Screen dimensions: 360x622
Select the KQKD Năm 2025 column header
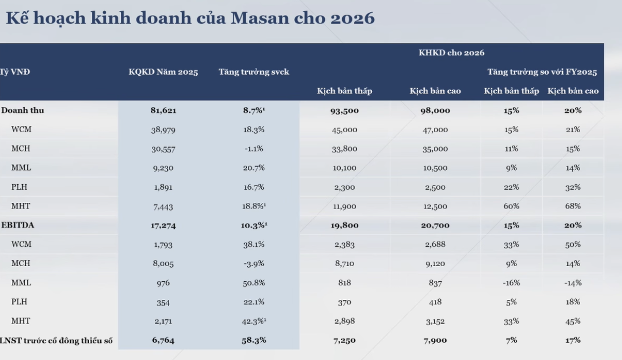tap(163, 72)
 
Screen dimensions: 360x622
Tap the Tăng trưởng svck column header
tap(253, 72)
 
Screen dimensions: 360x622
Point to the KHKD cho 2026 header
tap(451, 53)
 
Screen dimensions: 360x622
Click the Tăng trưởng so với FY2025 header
tap(542, 72)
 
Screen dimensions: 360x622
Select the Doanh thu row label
tap(19, 110)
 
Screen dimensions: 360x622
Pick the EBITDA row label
tap(19, 225)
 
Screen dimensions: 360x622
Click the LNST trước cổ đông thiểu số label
tap(56, 340)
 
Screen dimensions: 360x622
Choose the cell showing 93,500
tap(344, 110)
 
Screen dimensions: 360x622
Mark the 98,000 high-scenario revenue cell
tap(435, 110)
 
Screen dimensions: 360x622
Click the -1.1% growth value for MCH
tap(253, 149)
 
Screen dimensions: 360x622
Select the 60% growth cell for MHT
tap(511, 206)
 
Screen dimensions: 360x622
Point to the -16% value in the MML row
tap(511, 283)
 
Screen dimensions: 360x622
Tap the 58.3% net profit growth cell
tap(253, 340)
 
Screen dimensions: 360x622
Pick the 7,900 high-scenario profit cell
tap(435, 340)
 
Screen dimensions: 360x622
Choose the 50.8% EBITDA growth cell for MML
tap(253, 283)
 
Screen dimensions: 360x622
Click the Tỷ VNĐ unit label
tap(15, 72)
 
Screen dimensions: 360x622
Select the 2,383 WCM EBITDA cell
tap(344, 244)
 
